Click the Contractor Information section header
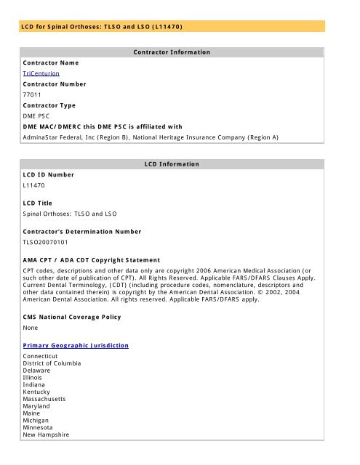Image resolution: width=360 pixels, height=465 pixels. tap(172, 52)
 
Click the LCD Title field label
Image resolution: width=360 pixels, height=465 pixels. tap(42, 203)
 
